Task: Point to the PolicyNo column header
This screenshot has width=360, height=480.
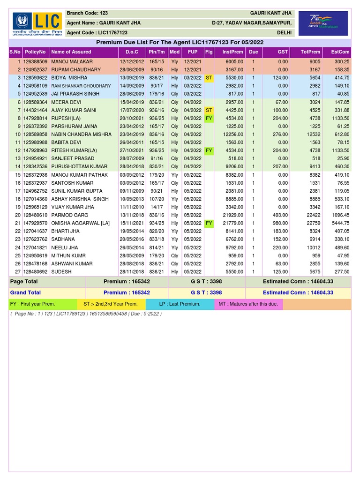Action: click(36, 52)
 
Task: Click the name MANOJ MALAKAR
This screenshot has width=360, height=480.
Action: click(72, 61)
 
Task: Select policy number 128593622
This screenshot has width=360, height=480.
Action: click(36, 77)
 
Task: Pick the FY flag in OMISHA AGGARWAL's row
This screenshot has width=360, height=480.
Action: click(209, 223)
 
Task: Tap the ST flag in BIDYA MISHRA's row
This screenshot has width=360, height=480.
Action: click(209, 77)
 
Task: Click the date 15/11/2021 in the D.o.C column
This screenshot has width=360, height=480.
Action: click(132, 223)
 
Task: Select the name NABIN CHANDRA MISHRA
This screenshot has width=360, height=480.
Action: click(81, 134)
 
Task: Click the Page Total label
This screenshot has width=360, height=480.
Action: click(24, 282)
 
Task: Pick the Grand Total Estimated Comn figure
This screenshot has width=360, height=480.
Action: click(298, 292)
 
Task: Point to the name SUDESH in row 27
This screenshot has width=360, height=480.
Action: click(61, 271)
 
